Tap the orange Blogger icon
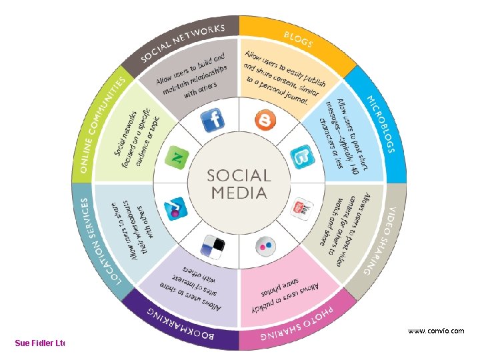click(x=265, y=120)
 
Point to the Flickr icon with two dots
click(x=265, y=245)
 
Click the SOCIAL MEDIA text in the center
click(x=239, y=184)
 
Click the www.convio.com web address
click(x=436, y=331)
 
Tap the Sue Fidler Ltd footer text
click(x=40, y=343)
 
